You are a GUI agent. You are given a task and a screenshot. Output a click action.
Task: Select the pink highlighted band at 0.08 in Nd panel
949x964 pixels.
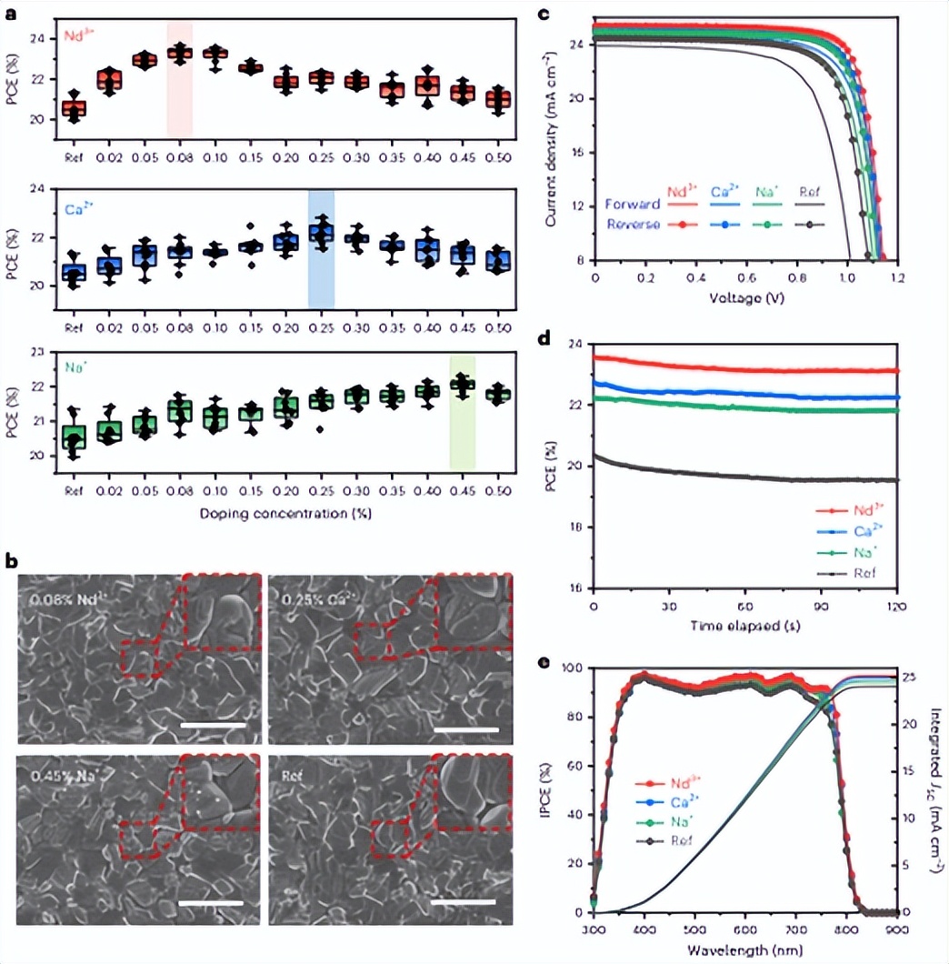[179, 79]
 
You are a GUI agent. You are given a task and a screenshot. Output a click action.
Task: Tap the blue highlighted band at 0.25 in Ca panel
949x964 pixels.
[321, 248]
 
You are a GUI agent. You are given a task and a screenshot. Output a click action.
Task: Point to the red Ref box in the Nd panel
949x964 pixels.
[74, 108]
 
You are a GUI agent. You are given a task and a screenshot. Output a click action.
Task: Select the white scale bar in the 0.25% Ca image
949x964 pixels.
[465, 728]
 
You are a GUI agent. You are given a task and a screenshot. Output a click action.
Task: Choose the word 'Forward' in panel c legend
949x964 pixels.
[633, 205]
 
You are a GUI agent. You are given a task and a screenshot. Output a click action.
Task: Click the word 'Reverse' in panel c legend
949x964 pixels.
[634, 224]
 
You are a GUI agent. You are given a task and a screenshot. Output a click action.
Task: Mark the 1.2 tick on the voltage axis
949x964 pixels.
[899, 278]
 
